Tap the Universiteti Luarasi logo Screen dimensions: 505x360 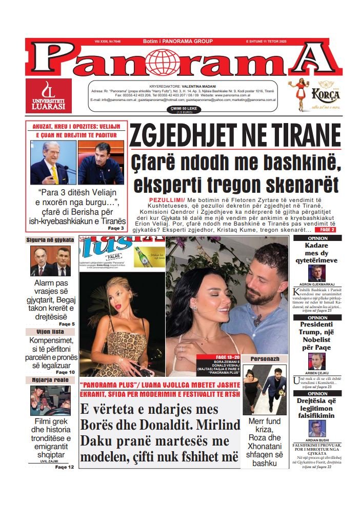(x=48, y=96)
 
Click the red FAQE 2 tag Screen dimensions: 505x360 (x=327, y=230)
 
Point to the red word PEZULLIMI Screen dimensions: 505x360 (x=166, y=198)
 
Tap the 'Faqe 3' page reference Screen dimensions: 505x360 (x=115, y=228)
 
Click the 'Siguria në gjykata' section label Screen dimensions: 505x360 (x=50, y=239)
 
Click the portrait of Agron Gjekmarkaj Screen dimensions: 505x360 (x=316, y=273)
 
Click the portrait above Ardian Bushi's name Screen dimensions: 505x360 (x=316, y=429)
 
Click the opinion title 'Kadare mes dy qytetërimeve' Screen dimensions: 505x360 (x=316, y=253)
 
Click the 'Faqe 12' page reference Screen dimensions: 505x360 (x=65, y=467)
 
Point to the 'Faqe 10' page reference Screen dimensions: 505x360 (x=65, y=372)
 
